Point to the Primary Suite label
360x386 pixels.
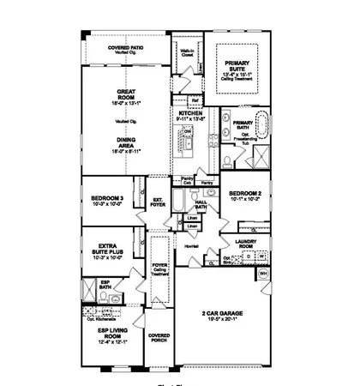coord(236,67)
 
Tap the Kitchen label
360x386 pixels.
coord(190,114)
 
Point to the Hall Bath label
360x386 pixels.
coord(201,204)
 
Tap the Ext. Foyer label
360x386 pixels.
coord(158,203)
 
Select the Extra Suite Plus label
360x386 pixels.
coord(109,249)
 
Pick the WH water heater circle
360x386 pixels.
coord(264,274)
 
